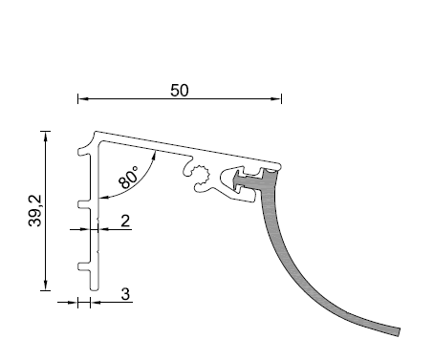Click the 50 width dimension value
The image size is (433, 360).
point(180,91)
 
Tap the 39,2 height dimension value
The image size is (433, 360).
point(35,210)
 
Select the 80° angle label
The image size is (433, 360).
point(129,178)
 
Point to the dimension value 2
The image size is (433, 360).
point(125,221)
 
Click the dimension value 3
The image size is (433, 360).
point(125,294)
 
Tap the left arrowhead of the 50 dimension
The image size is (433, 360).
point(83,98)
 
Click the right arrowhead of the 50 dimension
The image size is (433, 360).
point(276,98)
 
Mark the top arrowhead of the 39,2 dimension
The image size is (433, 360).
point(46,136)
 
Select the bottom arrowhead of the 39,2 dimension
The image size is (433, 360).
point(46,286)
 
